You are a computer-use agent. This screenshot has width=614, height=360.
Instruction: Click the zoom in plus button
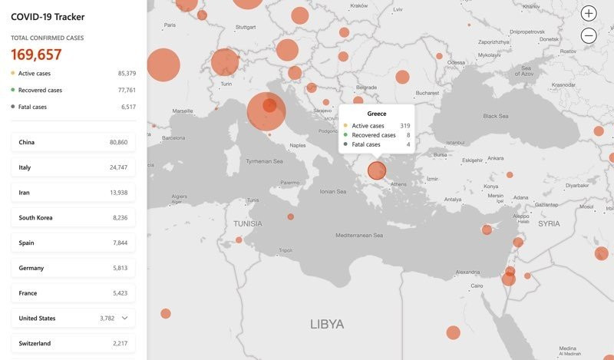click(589, 13)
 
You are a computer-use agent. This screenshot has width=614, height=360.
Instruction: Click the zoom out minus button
click(589, 35)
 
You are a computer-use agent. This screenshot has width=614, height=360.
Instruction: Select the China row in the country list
click(73, 142)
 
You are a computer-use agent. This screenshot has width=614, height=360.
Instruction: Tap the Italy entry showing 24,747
click(73, 167)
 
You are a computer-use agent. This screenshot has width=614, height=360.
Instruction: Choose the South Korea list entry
click(73, 217)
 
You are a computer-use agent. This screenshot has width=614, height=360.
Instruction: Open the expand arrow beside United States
click(125, 318)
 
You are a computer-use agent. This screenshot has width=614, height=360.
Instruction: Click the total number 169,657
click(36, 54)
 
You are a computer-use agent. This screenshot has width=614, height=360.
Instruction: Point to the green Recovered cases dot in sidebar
click(13, 90)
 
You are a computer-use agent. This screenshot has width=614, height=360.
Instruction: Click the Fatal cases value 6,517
click(128, 107)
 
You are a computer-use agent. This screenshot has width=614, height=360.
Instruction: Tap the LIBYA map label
click(327, 324)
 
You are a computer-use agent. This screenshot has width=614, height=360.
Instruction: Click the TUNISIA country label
click(248, 224)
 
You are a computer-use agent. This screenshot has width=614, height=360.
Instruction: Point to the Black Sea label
click(495, 116)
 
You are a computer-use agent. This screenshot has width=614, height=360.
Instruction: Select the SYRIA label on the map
click(550, 223)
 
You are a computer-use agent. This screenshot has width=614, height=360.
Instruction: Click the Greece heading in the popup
click(377, 114)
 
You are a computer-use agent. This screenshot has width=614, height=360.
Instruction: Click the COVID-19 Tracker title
click(48, 17)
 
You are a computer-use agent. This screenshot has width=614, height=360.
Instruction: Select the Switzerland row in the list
click(73, 343)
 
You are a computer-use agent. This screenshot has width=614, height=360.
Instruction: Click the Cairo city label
click(477, 286)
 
